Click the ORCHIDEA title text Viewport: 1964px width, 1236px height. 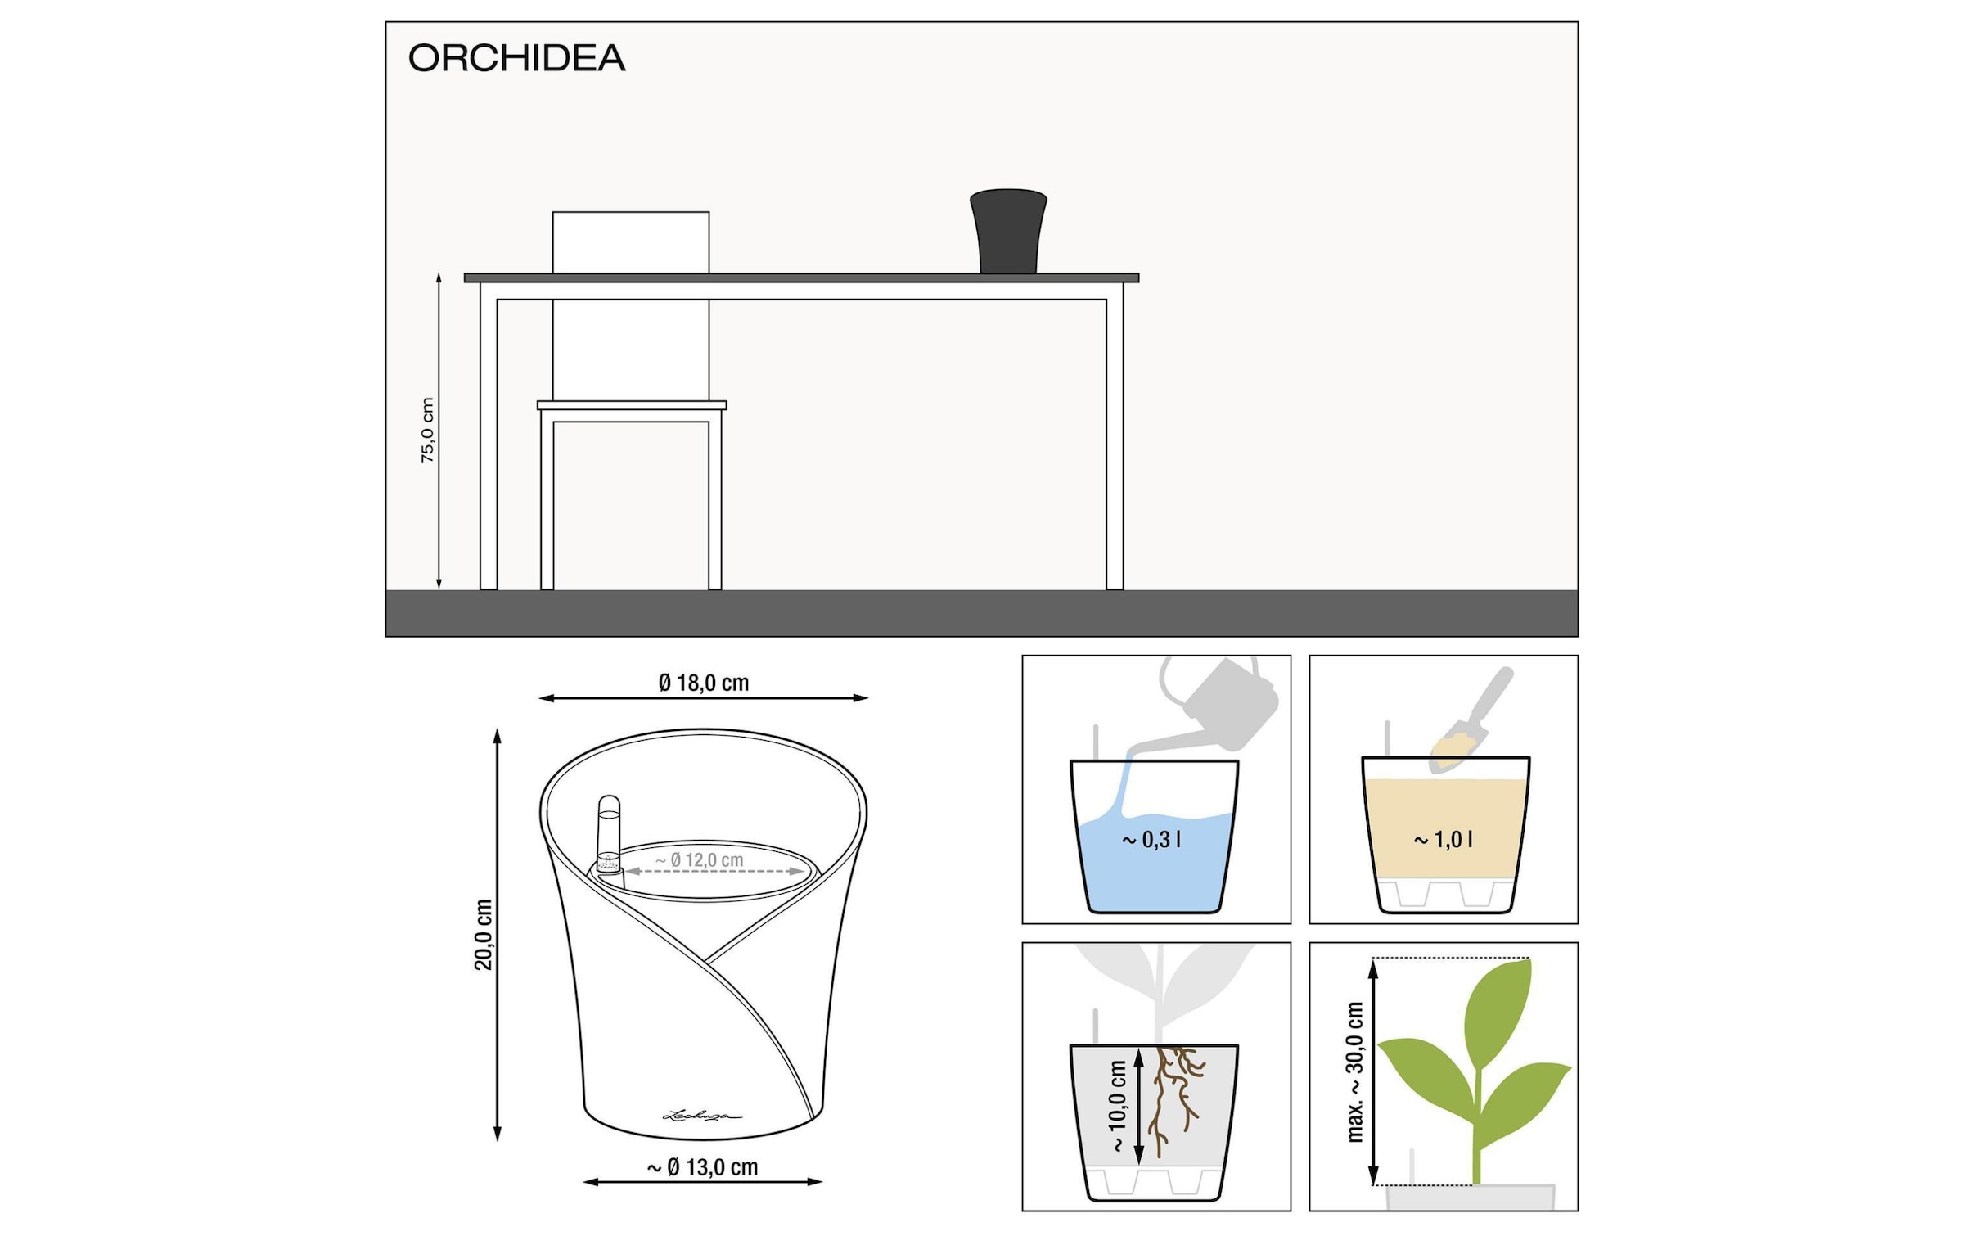(516, 58)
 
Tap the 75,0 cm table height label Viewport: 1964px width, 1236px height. (427, 431)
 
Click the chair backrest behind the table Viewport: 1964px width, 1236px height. (631, 242)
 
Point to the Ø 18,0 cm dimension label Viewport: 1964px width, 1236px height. (703, 683)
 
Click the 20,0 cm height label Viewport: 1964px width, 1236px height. (484, 935)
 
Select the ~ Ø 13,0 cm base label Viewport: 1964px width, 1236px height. (703, 1167)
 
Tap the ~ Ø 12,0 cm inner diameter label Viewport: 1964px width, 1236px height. (700, 860)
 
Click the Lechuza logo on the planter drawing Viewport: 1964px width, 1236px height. (700, 1115)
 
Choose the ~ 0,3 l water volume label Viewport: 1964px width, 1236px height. (1151, 840)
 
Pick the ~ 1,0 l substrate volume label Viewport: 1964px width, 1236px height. (1443, 840)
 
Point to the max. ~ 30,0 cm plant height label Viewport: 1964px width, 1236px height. (1355, 1072)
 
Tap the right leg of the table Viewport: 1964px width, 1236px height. (1115, 442)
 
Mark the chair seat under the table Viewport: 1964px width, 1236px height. (631, 405)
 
